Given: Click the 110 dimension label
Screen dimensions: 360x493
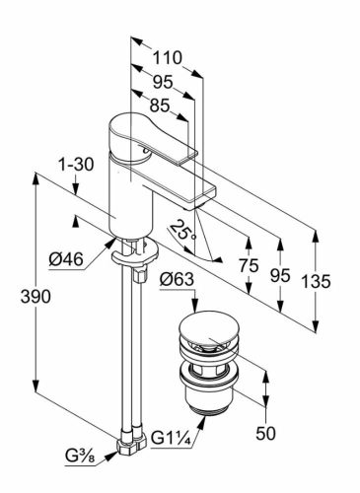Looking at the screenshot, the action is pyautogui.click(x=167, y=58).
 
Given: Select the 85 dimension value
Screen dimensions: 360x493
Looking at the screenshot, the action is pyautogui.click(x=160, y=106).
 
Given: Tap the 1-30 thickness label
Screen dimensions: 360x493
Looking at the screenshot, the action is pyautogui.click(x=76, y=165).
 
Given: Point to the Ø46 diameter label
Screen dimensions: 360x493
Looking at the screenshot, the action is pyautogui.click(x=66, y=260).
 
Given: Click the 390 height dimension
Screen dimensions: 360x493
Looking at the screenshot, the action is pyautogui.click(x=36, y=297).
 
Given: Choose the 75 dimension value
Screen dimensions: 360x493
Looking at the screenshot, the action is pyautogui.click(x=249, y=265).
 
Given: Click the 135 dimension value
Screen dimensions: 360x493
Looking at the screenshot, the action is pyautogui.click(x=317, y=282).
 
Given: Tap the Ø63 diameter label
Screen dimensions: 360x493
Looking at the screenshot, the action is pyautogui.click(x=177, y=280).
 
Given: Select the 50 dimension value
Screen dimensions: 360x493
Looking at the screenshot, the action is pyautogui.click(x=265, y=434).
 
